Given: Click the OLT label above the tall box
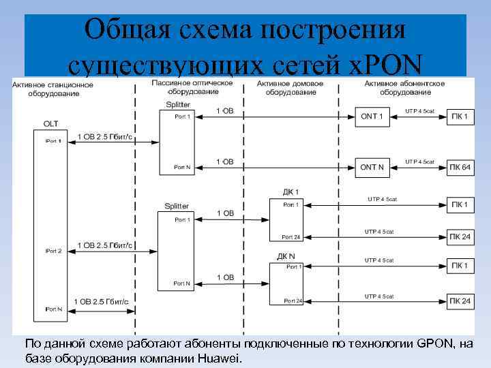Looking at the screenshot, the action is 50,123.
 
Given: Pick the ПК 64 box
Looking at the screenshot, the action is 460,167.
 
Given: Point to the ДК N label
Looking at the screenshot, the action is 286,256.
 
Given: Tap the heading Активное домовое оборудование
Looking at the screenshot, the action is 291,87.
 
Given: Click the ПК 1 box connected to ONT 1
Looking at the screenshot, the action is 460,117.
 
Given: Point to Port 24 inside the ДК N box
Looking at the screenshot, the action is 291,301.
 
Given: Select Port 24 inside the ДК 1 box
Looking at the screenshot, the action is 291,236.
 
